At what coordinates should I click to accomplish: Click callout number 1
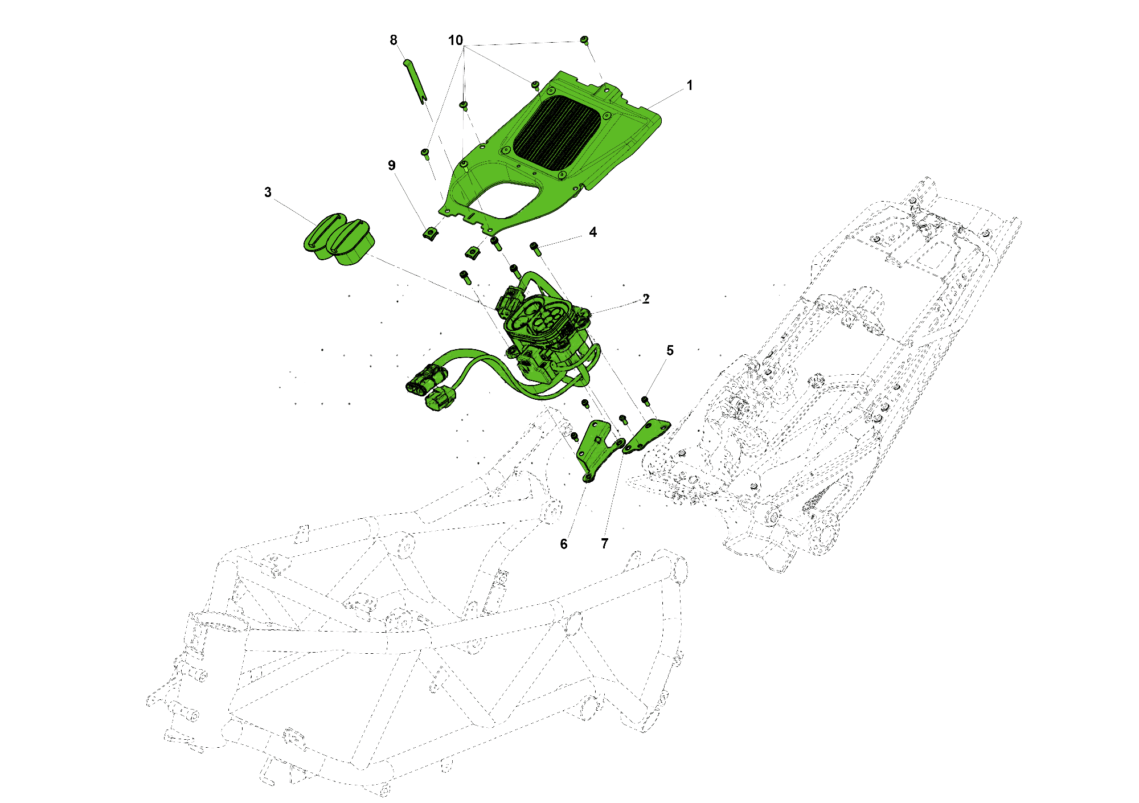(690, 85)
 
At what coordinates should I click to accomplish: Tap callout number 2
(646, 299)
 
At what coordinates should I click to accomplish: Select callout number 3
(268, 192)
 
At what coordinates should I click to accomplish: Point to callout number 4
(593, 232)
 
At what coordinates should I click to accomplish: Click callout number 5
(670, 351)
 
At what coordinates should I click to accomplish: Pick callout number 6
(564, 544)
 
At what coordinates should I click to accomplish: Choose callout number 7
(605, 544)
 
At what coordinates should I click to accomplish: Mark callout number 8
(394, 40)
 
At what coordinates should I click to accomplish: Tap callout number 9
(392, 165)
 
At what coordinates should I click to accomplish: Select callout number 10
(456, 40)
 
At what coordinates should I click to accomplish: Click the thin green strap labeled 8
(415, 81)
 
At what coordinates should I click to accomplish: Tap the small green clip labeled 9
(431, 233)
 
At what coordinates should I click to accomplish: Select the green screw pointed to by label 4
(535, 248)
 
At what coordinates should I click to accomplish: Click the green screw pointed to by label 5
(646, 401)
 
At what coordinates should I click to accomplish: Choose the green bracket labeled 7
(646, 436)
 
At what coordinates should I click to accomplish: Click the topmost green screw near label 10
(584, 40)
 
